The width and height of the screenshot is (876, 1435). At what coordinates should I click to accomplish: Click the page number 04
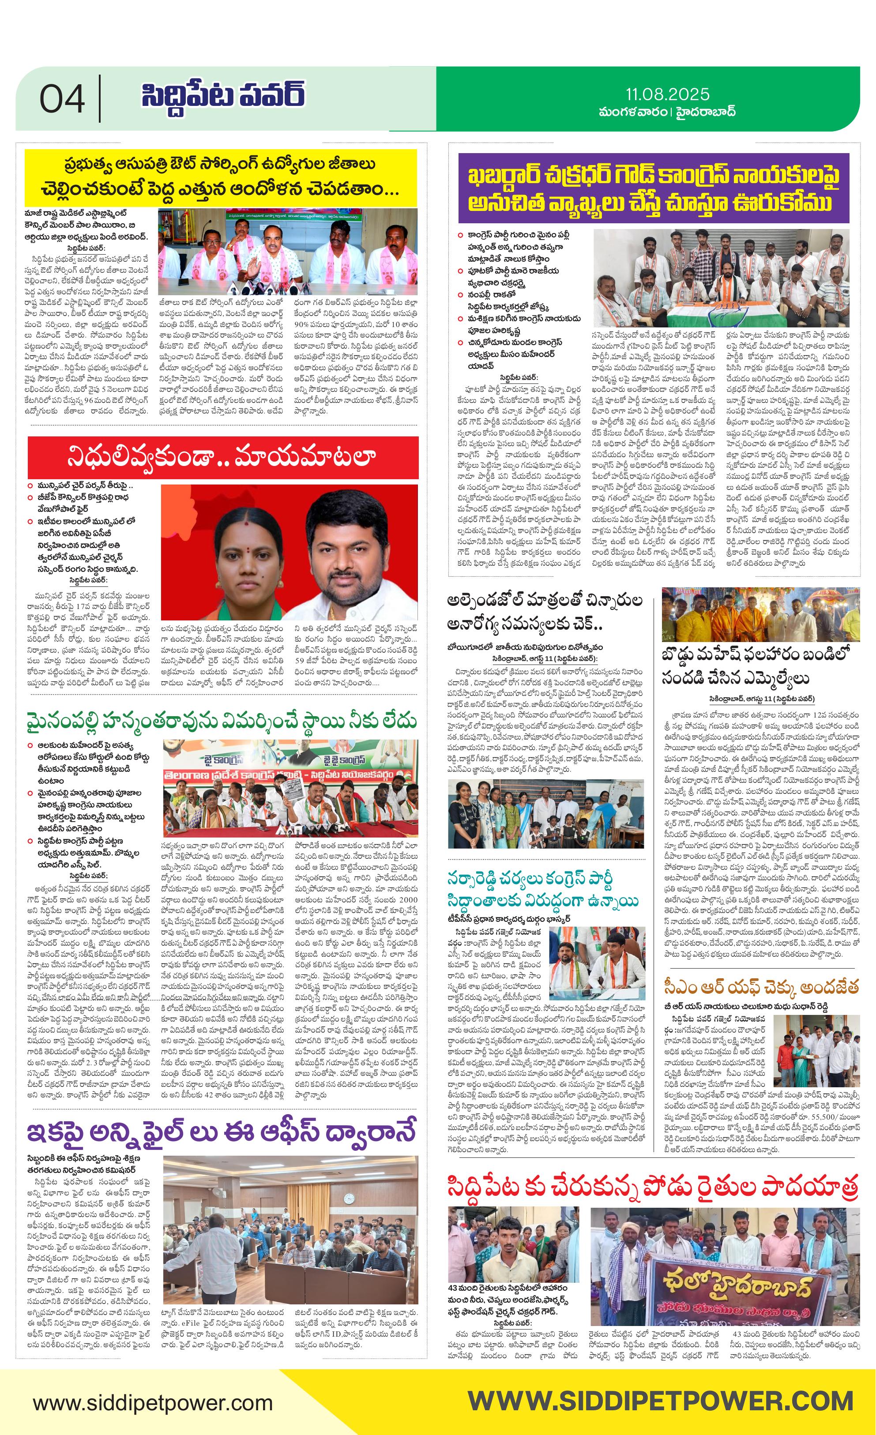[x=62, y=99]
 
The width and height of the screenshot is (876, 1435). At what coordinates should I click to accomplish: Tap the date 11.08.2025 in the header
[x=668, y=94]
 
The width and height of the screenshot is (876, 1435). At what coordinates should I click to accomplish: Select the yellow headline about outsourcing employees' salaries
[x=220, y=177]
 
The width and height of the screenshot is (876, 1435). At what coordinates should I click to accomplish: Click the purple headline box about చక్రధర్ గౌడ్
[x=653, y=188]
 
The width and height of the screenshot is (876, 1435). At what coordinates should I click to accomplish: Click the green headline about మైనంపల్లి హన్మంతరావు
[x=222, y=721]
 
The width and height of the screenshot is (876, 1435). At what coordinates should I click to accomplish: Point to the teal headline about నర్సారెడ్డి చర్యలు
[x=543, y=889]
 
